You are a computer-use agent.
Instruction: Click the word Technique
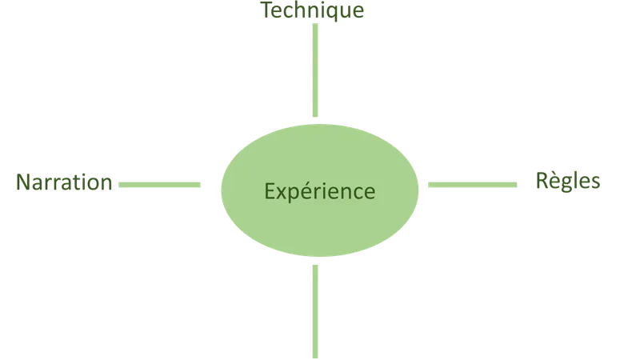(312, 10)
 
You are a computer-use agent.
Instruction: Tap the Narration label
(64, 182)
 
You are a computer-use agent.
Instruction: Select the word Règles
(568, 181)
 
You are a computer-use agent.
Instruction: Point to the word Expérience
(319, 191)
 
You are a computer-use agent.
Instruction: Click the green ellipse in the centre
(319, 190)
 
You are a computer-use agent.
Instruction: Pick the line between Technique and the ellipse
(315, 70)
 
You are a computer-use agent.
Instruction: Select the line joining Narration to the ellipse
(159, 185)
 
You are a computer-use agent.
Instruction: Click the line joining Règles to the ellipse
(472, 185)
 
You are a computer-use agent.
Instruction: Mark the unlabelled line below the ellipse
(315, 312)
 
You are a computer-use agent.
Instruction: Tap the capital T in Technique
(267, 10)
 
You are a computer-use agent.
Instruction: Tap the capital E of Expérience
(270, 191)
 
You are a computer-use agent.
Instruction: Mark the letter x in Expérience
(282, 194)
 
